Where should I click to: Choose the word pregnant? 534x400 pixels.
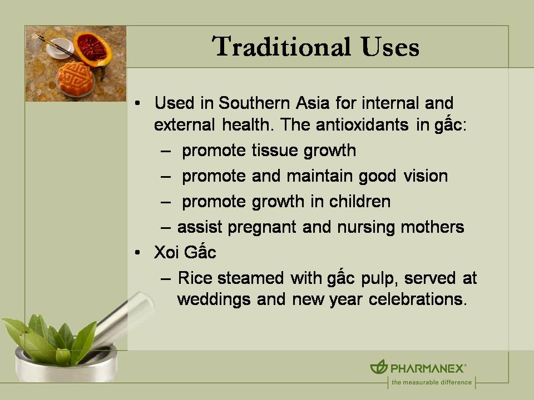[253, 227]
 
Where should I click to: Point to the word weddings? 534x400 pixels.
[214, 299]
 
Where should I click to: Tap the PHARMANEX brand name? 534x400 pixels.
[428, 368]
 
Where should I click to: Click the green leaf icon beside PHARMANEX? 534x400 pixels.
[379, 367]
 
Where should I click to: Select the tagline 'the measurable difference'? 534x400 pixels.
[431, 382]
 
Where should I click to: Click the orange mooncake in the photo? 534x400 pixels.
[76, 78]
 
